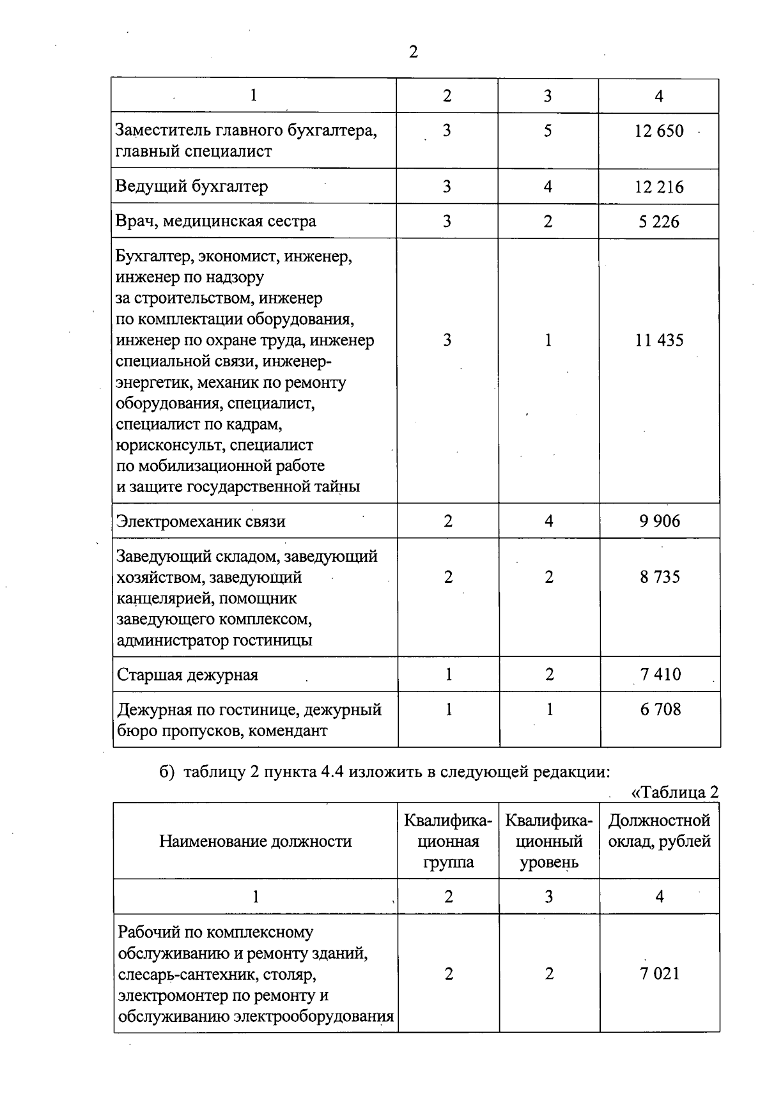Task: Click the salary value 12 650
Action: (x=659, y=131)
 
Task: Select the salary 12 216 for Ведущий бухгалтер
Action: (x=659, y=187)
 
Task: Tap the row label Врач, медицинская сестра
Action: (x=215, y=222)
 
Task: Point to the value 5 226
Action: (x=659, y=222)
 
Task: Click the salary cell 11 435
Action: (x=659, y=341)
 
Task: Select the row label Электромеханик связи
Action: (x=201, y=521)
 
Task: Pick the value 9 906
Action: (x=660, y=521)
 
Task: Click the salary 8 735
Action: (x=660, y=577)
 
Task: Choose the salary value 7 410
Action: (x=660, y=675)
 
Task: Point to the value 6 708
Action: (x=660, y=709)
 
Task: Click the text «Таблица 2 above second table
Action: (x=674, y=792)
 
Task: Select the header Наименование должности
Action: (x=255, y=842)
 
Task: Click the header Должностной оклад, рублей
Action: (x=659, y=831)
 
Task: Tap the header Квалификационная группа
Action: (x=448, y=842)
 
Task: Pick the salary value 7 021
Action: (x=660, y=974)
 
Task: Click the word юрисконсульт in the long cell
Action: (x=168, y=445)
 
